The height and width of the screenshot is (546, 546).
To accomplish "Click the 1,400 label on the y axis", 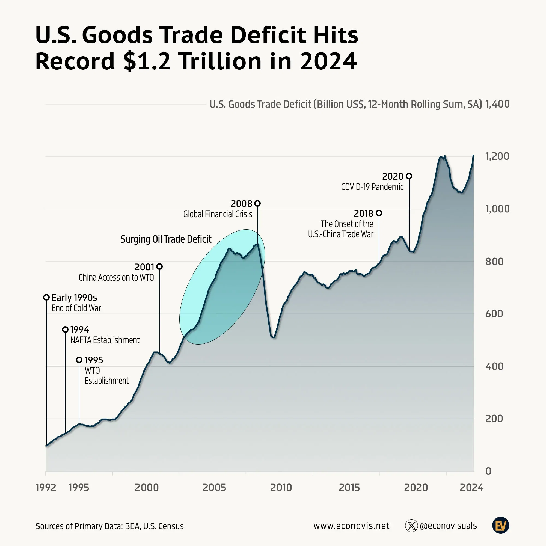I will [497, 104].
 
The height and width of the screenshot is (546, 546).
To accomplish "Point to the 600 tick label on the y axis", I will [494, 314].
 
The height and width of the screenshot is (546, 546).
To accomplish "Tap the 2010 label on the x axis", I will [281, 488].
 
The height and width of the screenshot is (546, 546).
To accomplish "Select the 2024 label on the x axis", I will [471, 488].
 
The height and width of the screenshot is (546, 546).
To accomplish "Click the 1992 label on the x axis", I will [46, 488].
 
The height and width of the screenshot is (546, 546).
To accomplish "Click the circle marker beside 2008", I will [257, 203].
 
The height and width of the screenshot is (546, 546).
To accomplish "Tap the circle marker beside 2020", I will [409, 176].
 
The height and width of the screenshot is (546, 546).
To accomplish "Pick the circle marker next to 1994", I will [65, 330].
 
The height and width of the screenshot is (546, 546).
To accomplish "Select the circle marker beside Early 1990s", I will [46, 297].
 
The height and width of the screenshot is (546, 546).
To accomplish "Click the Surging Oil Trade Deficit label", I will [166, 239].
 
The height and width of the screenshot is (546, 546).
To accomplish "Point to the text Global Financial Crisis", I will [218, 214].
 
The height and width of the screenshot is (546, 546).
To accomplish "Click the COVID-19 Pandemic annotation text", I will [372, 187].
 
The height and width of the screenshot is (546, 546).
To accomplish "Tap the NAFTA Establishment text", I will [105, 340].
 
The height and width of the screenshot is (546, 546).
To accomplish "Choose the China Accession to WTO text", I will [116, 278].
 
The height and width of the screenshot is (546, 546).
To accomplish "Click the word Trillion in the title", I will [220, 61].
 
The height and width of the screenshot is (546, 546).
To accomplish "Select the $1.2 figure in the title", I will [147, 61].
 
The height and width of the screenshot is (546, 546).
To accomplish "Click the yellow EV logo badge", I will [500, 526].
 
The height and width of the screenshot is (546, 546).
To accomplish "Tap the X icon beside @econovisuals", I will [411, 526].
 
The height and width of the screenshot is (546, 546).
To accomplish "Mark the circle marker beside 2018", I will [379, 213].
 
